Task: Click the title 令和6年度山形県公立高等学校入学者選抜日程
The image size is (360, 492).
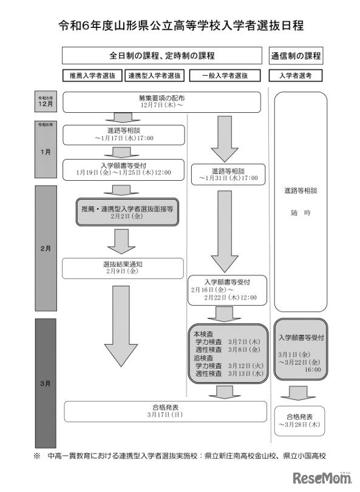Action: pos(180,25)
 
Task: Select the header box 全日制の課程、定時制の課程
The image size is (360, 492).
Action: pos(162,56)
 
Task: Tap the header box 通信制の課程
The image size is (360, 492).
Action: pos(295,56)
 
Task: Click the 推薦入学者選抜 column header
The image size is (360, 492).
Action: pos(93,76)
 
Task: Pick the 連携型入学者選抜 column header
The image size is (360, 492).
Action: pos(155,76)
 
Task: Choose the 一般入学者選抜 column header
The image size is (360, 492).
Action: pos(225,76)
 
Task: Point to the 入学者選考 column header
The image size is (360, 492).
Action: pos(295,76)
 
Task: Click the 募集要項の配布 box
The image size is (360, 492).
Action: pos(162,101)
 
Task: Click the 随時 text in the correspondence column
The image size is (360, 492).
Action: pos(301,213)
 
